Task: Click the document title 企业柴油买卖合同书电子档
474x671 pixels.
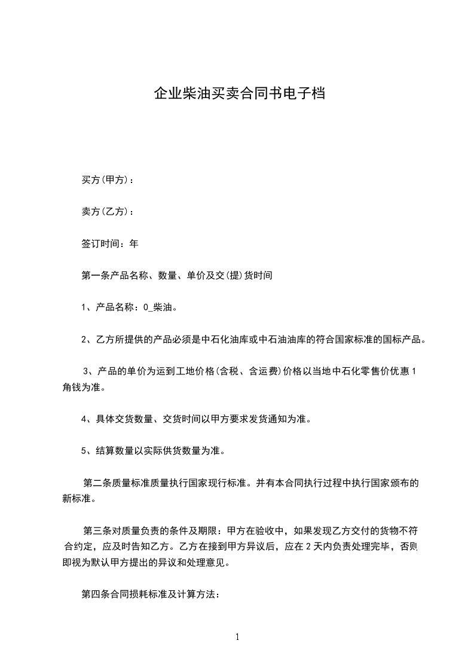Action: click(239, 94)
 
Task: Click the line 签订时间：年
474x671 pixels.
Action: click(109, 244)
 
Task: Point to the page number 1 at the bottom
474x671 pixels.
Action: click(237, 637)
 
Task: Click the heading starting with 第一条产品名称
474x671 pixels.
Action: click(176, 276)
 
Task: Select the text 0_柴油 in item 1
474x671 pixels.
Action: click(157, 307)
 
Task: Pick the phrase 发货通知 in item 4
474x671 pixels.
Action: click(271, 419)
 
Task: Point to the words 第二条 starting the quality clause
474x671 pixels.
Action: click(96, 483)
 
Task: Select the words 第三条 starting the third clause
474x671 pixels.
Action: click(96, 530)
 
